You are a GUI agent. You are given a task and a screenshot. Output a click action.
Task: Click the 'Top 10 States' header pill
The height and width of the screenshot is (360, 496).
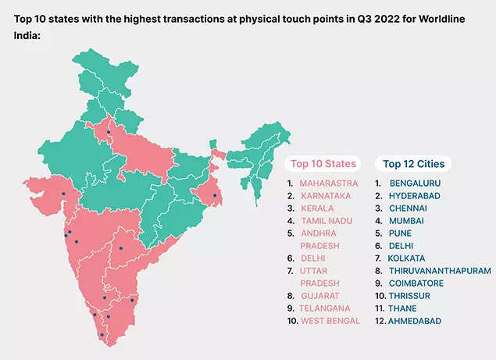coord(323,164)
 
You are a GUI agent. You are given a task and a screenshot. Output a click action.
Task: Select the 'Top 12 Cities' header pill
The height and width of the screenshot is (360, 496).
coord(413,164)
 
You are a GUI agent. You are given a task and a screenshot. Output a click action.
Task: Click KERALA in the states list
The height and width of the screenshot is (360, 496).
coord(317,209)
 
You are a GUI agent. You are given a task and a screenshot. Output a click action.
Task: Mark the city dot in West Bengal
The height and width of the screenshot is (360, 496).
coord(215,195)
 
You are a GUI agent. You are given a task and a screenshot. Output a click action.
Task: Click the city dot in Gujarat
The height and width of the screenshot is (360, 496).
coord(62,194)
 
